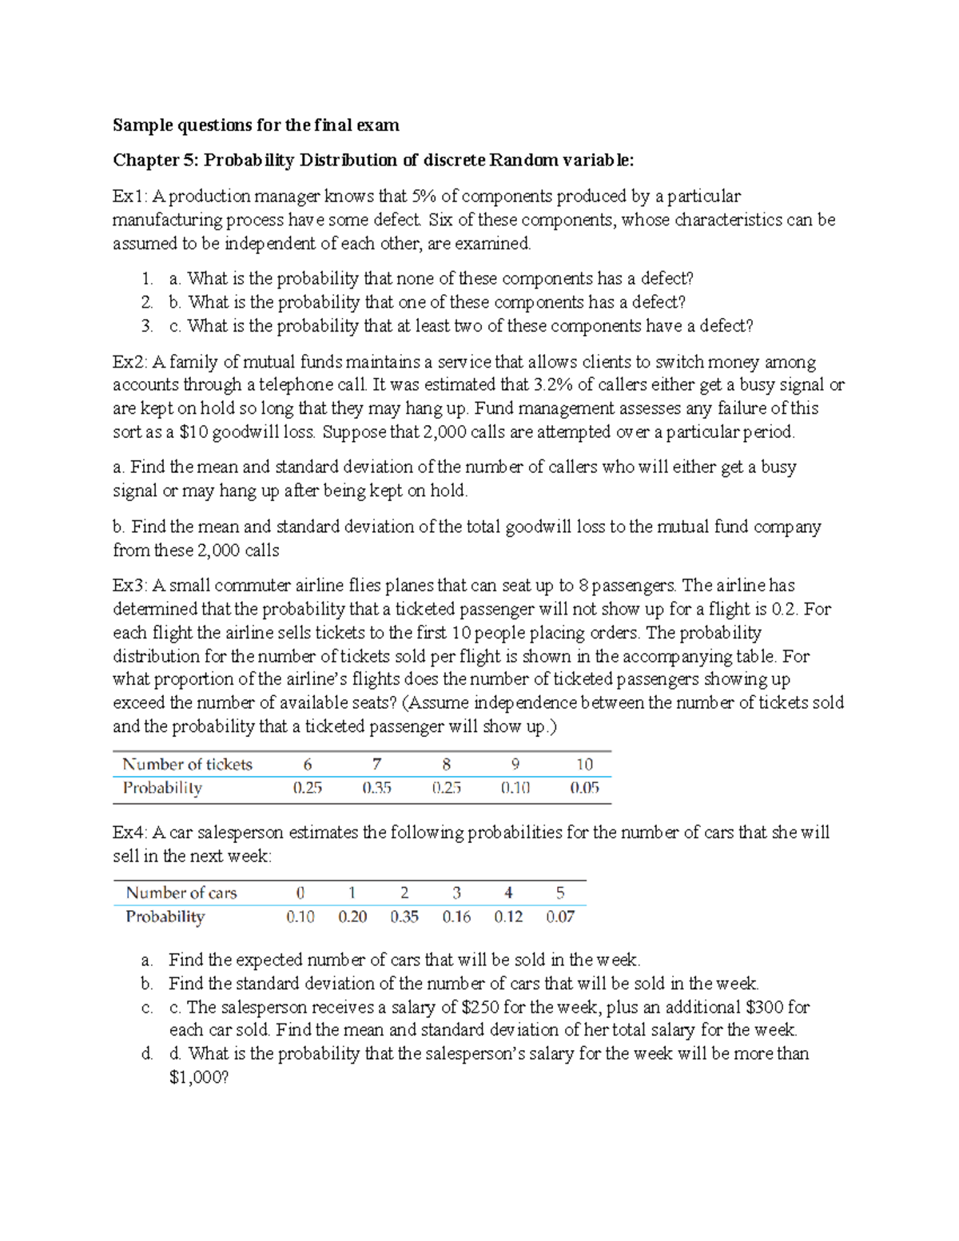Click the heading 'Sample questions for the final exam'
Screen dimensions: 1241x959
pos(256,125)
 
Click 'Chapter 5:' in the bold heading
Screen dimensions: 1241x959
pos(155,160)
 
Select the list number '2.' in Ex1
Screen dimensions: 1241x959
pos(147,302)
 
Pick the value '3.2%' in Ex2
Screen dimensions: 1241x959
pos(553,385)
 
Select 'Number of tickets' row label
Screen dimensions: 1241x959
pos(187,764)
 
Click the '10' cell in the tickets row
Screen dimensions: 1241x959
pos(584,764)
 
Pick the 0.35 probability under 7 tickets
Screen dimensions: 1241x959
pos(376,788)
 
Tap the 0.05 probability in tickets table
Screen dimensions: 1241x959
pos(584,788)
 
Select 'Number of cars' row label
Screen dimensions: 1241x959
pos(181,893)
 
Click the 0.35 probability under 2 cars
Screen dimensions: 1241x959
pos(404,917)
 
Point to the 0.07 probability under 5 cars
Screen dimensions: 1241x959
pos(560,917)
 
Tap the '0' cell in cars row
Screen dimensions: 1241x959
pos(300,893)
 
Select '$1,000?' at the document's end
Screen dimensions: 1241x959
pos(199,1077)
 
